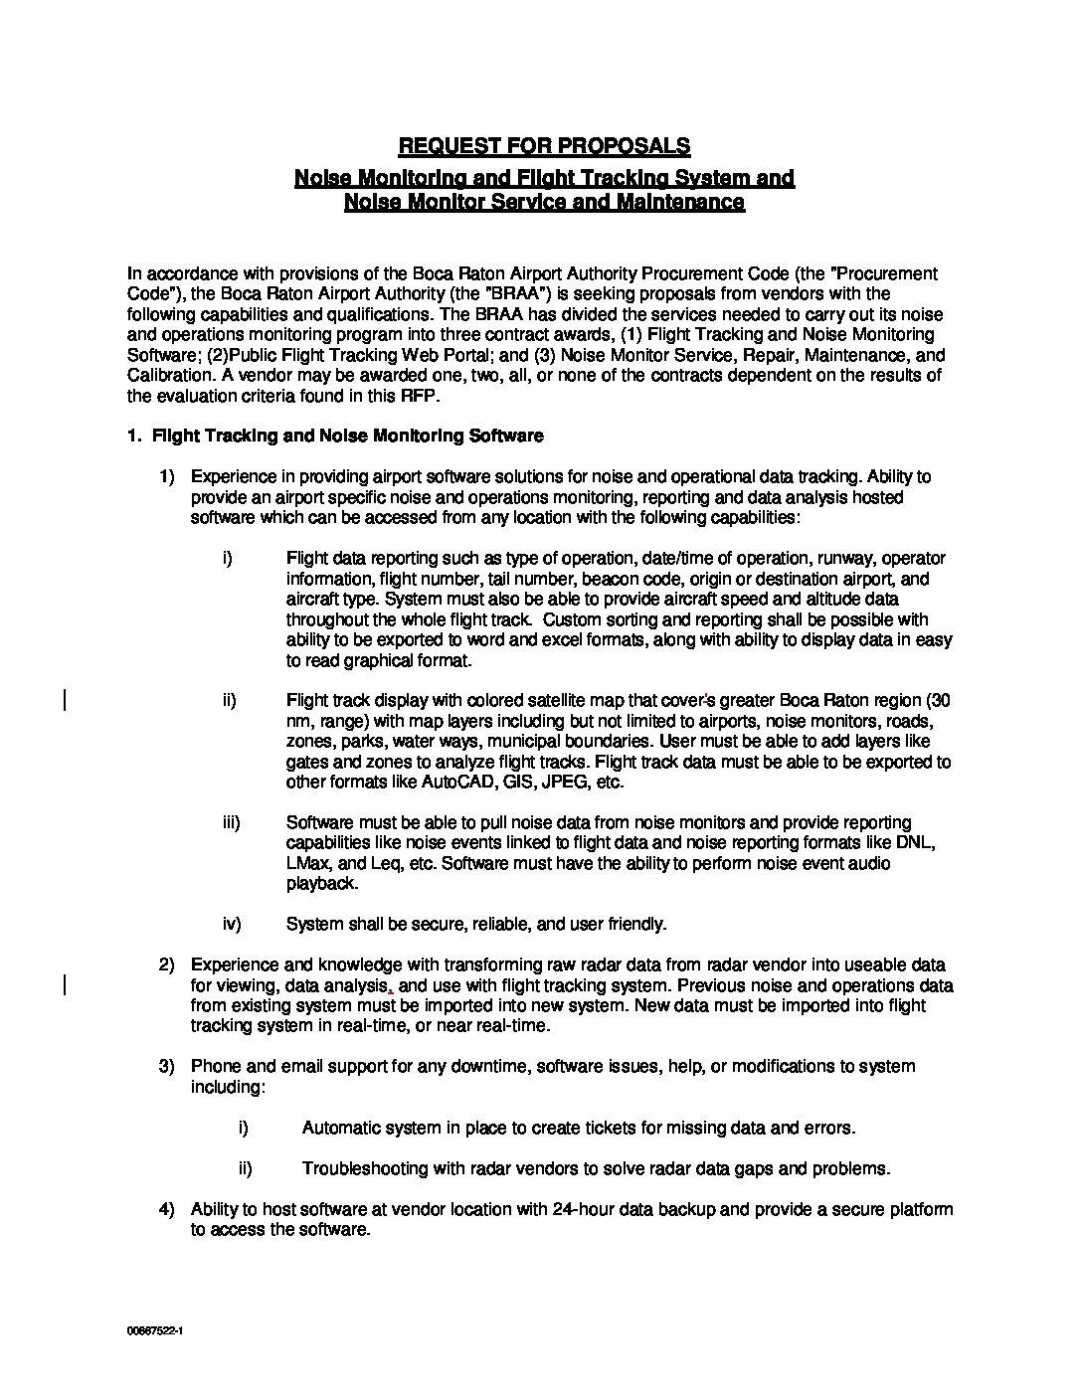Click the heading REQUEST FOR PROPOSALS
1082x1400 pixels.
[x=544, y=146]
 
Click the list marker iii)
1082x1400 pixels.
[x=232, y=823]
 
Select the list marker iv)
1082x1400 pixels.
[x=232, y=925]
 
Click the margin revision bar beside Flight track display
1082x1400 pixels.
[x=65, y=701]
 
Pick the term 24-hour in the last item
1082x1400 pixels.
[x=584, y=1210]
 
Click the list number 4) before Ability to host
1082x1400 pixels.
[x=167, y=1210]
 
